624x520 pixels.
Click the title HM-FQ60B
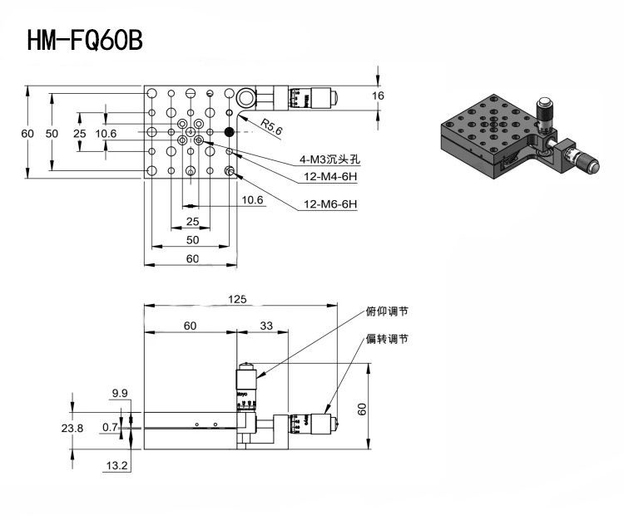click(x=85, y=40)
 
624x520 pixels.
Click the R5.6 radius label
click(x=272, y=127)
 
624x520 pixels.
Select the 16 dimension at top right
click(x=378, y=96)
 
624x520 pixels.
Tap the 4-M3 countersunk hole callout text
click(x=330, y=159)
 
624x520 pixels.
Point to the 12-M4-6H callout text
click(x=330, y=176)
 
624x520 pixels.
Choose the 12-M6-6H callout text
click(x=330, y=204)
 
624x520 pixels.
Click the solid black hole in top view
click(x=230, y=132)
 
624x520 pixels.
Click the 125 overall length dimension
click(x=237, y=299)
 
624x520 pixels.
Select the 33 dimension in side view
click(x=266, y=326)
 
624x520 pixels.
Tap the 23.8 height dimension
click(x=72, y=429)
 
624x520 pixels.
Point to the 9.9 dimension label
click(x=120, y=393)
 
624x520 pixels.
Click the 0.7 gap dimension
click(x=110, y=427)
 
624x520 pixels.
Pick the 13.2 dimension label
click(x=116, y=465)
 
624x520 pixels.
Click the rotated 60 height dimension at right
click(x=362, y=410)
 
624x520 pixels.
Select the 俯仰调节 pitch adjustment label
click(x=387, y=312)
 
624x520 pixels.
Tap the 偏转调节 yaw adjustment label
click(x=387, y=339)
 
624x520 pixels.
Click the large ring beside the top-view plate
click(x=245, y=97)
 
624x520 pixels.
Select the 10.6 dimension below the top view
click(x=252, y=200)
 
